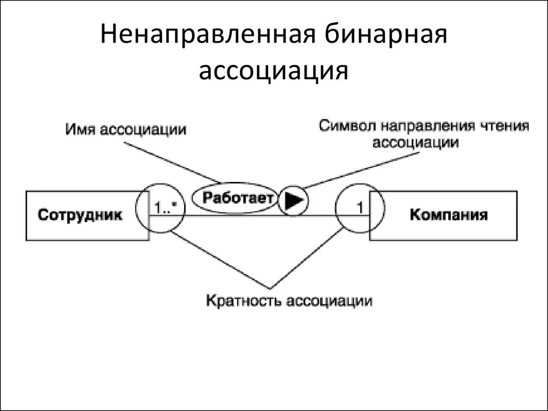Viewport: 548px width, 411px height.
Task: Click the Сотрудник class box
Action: click(x=80, y=215)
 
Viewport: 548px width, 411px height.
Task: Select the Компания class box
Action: click(x=448, y=215)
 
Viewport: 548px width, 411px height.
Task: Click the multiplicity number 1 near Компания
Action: click(x=360, y=207)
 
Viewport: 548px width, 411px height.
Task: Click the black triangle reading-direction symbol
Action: click(x=294, y=200)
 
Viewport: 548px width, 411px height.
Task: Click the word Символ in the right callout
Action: click(x=348, y=126)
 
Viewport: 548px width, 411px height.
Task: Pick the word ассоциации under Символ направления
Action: click(x=415, y=142)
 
